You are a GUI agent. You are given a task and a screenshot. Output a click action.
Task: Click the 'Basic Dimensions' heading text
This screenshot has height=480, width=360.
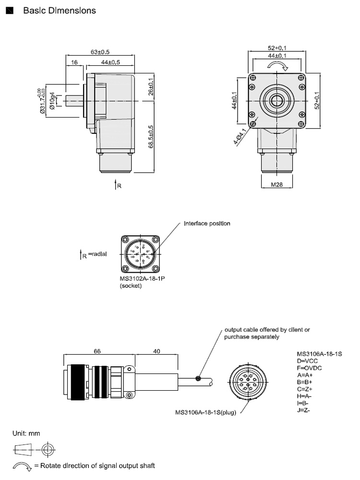(60, 11)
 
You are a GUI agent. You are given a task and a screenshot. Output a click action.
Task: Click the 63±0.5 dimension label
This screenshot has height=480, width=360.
(100, 51)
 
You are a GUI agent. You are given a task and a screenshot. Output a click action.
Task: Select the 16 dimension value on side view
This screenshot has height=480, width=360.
(74, 62)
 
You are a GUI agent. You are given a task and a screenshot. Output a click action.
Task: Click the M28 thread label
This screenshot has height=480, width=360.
(276, 184)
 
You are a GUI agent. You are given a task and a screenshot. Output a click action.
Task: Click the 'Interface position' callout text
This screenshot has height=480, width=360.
(207, 224)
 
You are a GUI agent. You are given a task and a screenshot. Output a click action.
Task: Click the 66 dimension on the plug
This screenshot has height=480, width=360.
(97, 351)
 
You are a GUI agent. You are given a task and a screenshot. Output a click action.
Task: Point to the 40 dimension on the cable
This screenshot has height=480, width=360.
(156, 351)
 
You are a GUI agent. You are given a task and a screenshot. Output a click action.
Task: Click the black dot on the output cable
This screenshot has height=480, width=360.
(198, 378)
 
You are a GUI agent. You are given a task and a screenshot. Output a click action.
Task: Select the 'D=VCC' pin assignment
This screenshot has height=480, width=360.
(308, 360)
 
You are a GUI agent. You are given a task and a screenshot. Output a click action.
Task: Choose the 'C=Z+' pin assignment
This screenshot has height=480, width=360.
(306, 389)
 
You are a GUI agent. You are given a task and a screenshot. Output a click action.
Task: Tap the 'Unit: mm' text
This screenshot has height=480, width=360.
(26, 433)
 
